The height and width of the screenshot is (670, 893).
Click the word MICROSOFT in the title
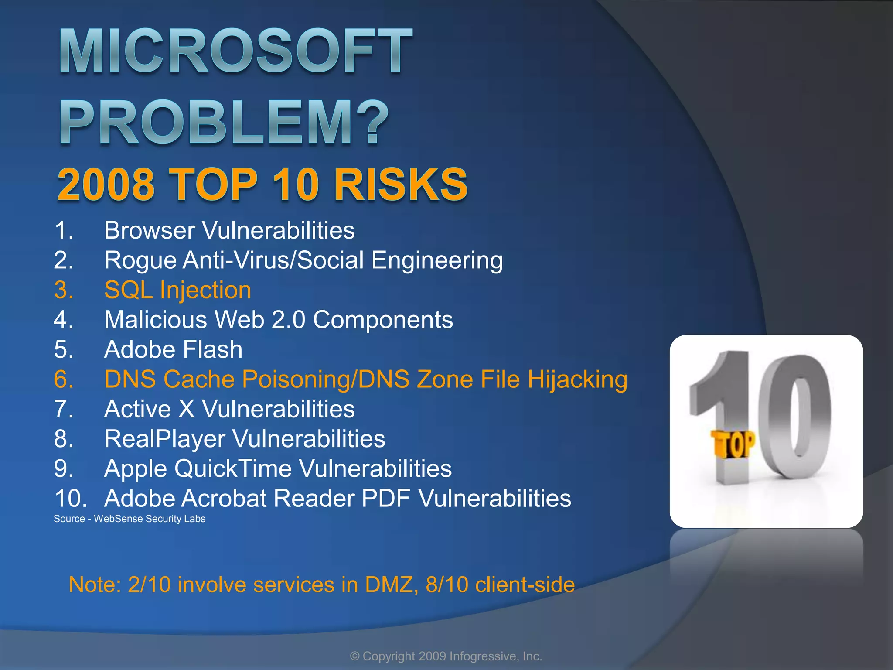point(235,51)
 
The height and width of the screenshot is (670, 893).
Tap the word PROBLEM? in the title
point(223,123)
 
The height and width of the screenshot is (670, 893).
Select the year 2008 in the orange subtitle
point(106,185)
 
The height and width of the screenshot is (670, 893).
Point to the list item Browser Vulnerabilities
point(229,230)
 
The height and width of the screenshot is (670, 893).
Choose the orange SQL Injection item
point(177,290)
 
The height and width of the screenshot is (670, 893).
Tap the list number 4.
point(63,320)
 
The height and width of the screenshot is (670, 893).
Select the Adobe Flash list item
point(173,349)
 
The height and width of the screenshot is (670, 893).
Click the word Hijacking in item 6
point(577,379)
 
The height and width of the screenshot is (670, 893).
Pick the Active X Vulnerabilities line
point(229,409)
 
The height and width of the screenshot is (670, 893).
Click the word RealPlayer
point(164,439)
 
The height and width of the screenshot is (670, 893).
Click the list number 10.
point(71,498)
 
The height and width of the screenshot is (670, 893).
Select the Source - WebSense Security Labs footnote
point(129,519)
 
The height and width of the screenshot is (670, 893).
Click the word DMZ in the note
point(389,585)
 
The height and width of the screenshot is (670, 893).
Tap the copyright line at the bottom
point(446,656)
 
